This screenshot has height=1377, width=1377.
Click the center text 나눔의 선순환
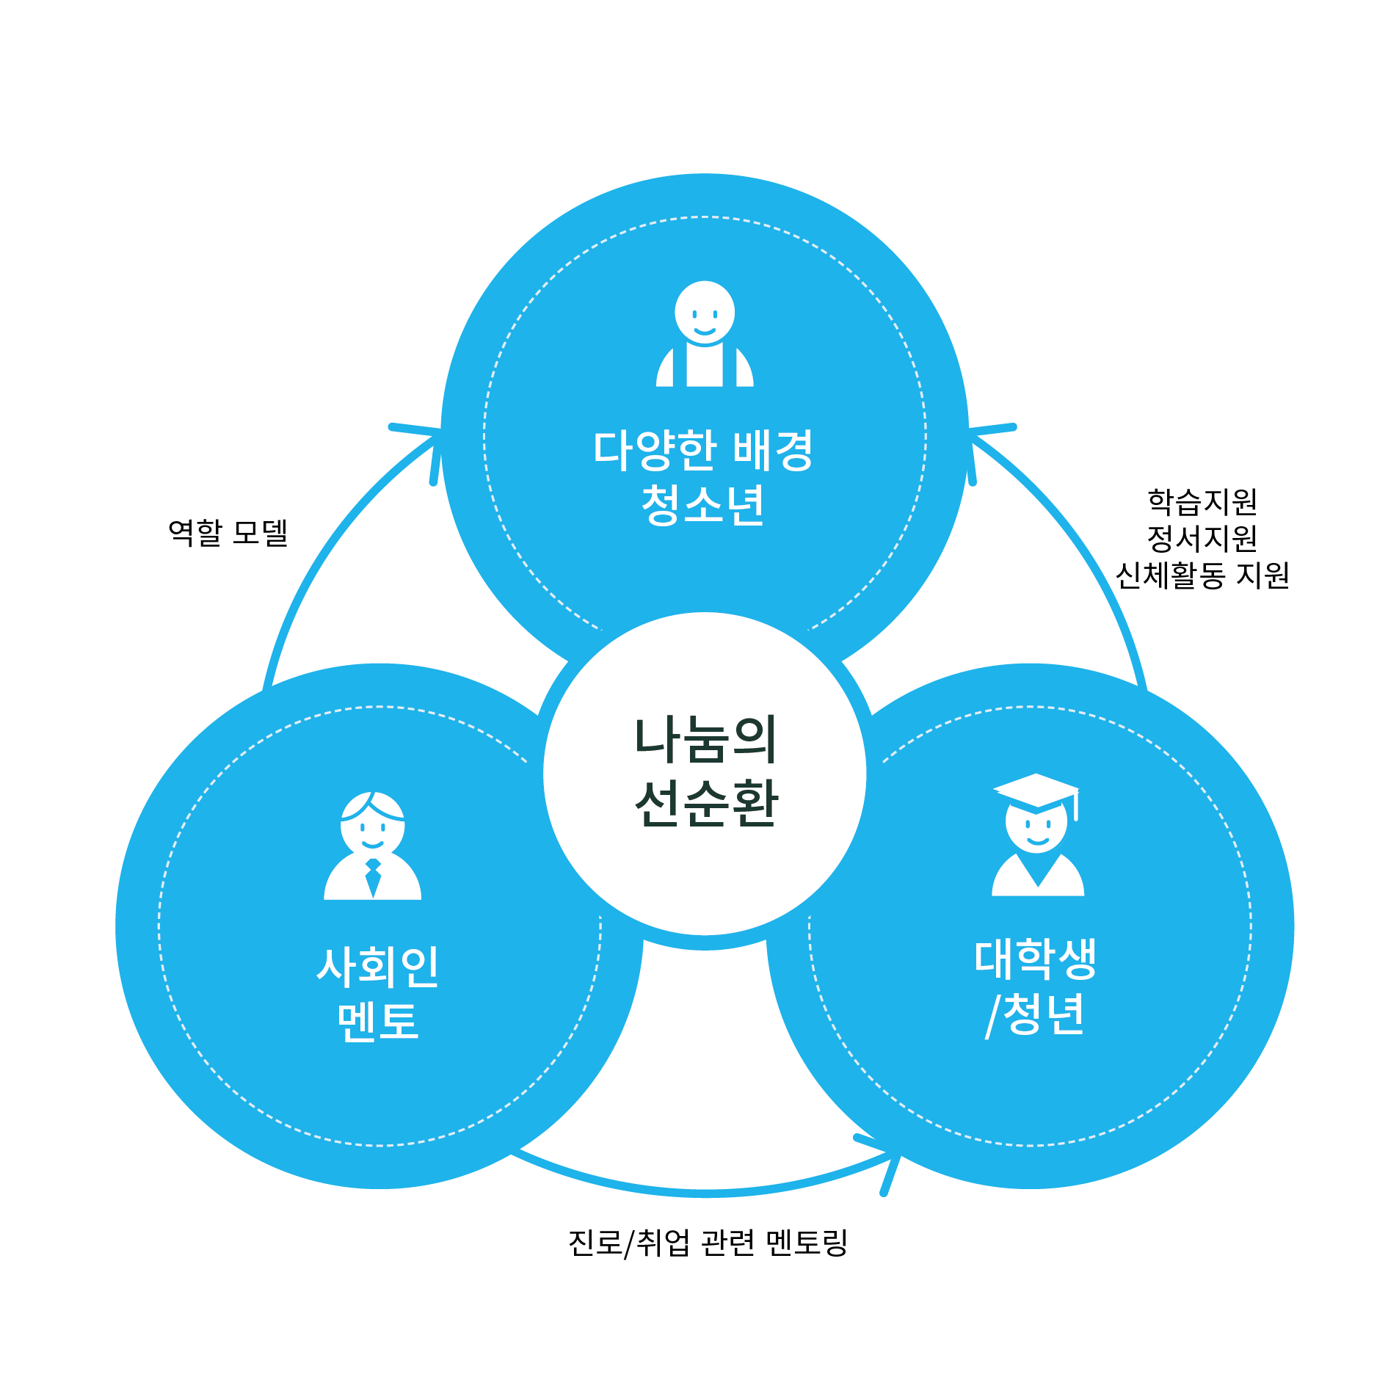tap(705, 772)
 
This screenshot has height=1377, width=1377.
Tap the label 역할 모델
tap(228, 532)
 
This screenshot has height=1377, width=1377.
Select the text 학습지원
tap(1202, 502)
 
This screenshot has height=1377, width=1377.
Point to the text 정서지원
tap(1202, 538)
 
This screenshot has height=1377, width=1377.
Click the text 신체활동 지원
tap(1202, 575)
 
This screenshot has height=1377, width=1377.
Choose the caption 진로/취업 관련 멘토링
tap(708, 1243)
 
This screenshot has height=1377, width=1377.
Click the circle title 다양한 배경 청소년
tap(703, 477)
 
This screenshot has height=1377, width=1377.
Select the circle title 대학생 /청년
tap(1035, 987)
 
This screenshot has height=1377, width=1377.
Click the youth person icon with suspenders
tap(705, 334)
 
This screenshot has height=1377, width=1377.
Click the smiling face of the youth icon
tap(705, 312)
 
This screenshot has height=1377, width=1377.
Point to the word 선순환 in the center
tap(705, 804)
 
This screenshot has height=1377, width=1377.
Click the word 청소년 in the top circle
tap(703, 505)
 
